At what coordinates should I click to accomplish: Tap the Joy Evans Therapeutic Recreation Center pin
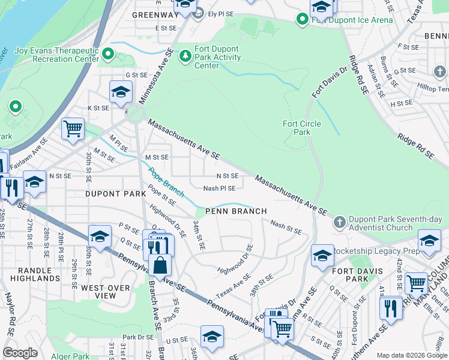coord(108,55)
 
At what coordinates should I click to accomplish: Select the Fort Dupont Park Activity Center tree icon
coord(186,55)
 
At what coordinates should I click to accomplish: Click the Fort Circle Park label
coord(302,128)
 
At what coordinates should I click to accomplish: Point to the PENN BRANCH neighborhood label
coord(236,211)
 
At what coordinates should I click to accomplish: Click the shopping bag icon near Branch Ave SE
coord(160,265)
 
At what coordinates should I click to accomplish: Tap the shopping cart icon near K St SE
coord(73,128)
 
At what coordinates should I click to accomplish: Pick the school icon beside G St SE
coord(121,92)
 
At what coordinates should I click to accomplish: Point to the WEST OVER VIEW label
coord(106,292)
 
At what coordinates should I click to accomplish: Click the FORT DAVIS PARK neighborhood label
coord(357,275)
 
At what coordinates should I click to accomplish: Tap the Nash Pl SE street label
coord(219,188)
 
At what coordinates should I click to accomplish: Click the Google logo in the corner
coord(20,353)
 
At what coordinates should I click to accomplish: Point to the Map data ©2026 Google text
coord(411,355)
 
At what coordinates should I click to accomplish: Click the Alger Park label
coord(71,356)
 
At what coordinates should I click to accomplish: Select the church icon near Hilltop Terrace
coord(440,72)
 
